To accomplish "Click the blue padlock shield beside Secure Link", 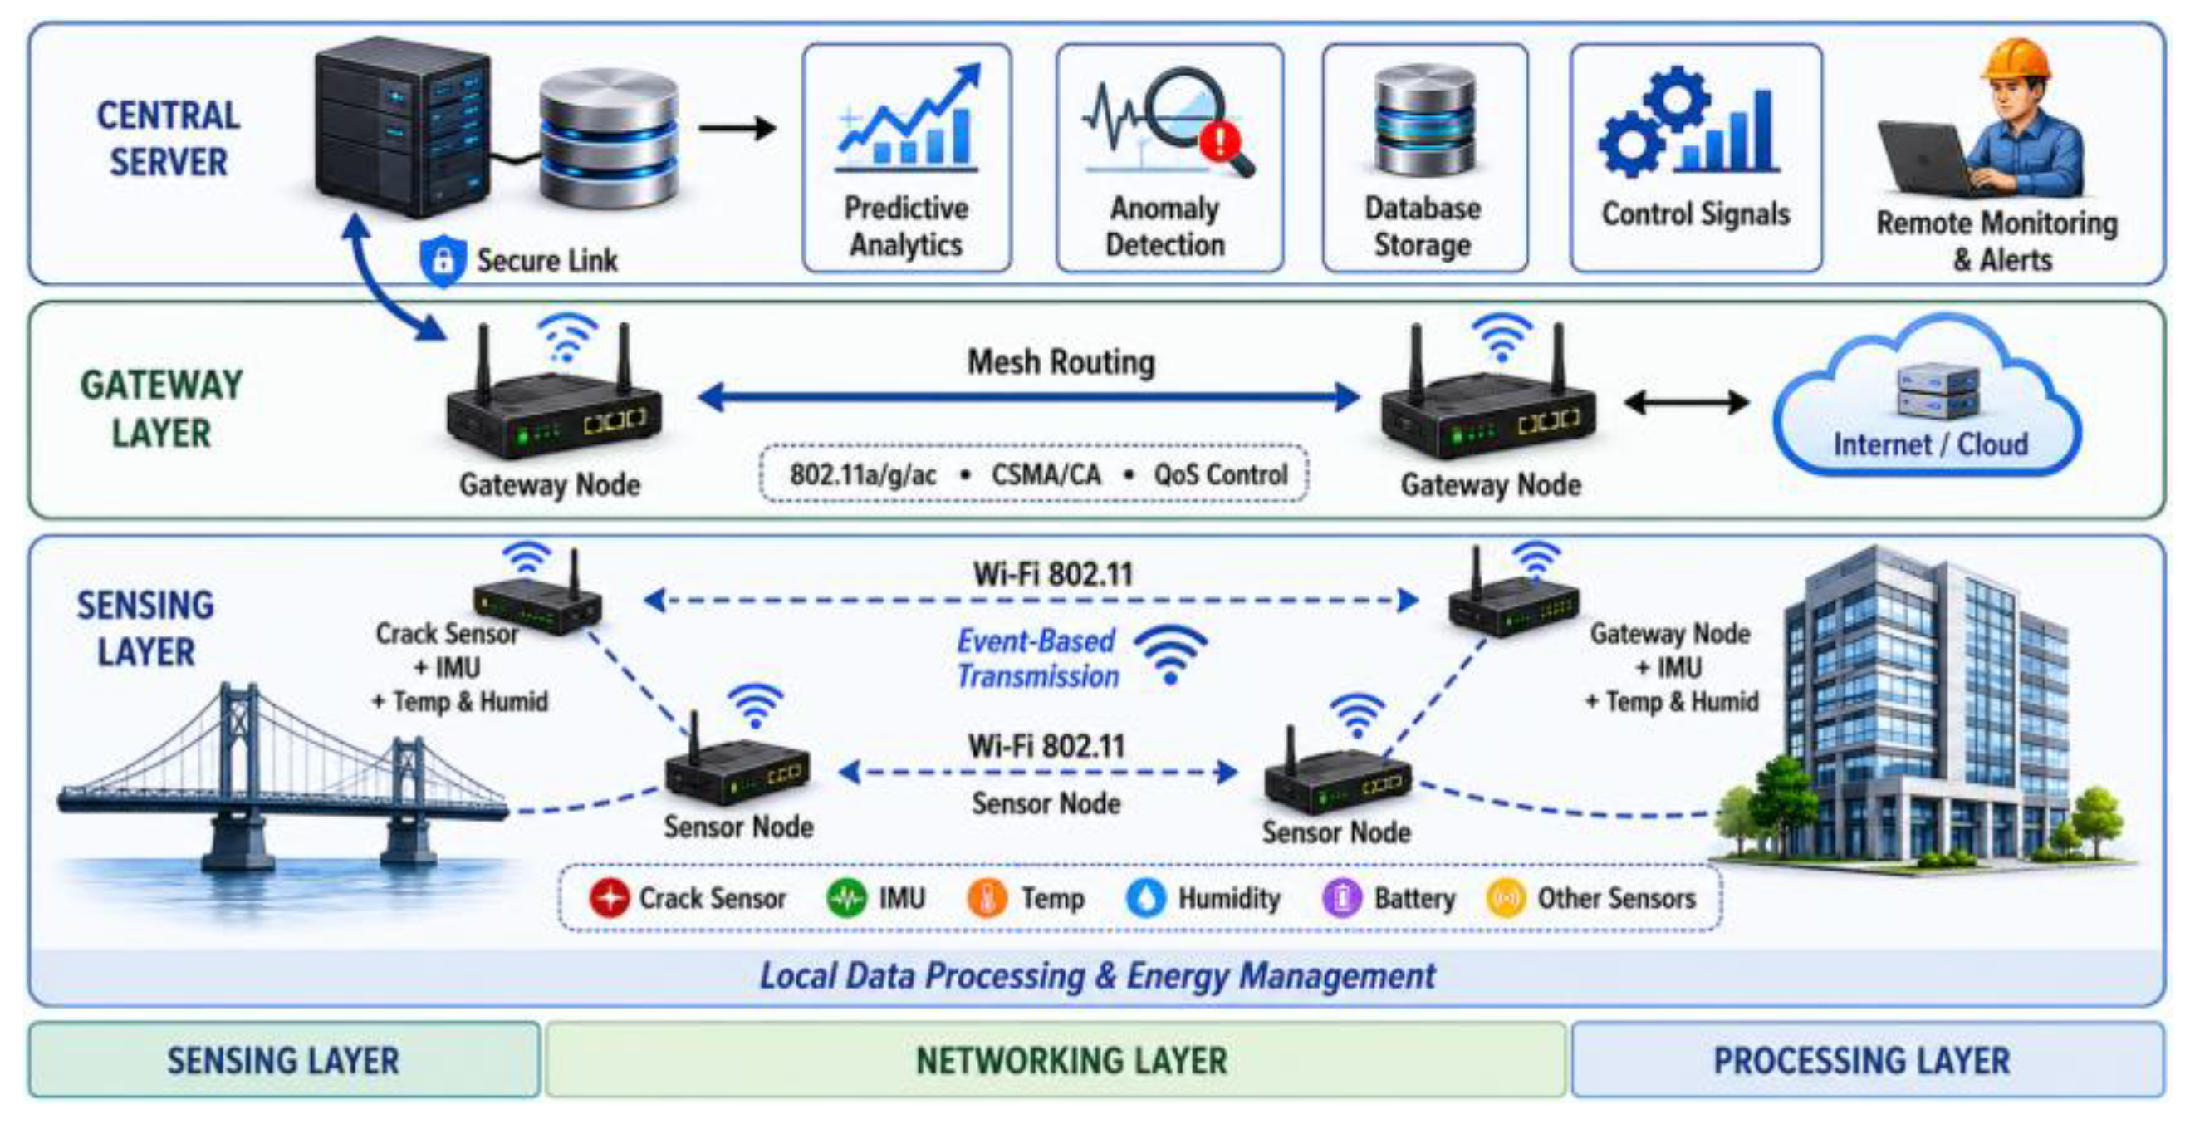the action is point(443,260).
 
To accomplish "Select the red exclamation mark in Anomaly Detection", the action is point(1221,140).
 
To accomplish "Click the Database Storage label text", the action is point(1423,226).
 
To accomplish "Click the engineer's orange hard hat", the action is point(2016,61).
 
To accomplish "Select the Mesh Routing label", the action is point(1061,362).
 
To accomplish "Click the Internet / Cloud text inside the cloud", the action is point(1931,444).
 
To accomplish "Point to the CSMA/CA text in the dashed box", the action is point(1046,474).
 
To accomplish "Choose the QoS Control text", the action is point(1220,474).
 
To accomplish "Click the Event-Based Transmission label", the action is point(1037,659).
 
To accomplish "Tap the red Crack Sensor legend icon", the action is point(610,899).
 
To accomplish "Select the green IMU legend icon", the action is point(847,899).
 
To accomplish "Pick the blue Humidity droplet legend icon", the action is point(1146,899).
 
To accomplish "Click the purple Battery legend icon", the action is point(1342,899).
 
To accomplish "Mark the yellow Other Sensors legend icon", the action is point(1506,899).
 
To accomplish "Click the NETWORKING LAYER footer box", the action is point(1055,1060).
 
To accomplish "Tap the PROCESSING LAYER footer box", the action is point(1868,1060).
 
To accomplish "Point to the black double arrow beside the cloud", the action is point(1687,402).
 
